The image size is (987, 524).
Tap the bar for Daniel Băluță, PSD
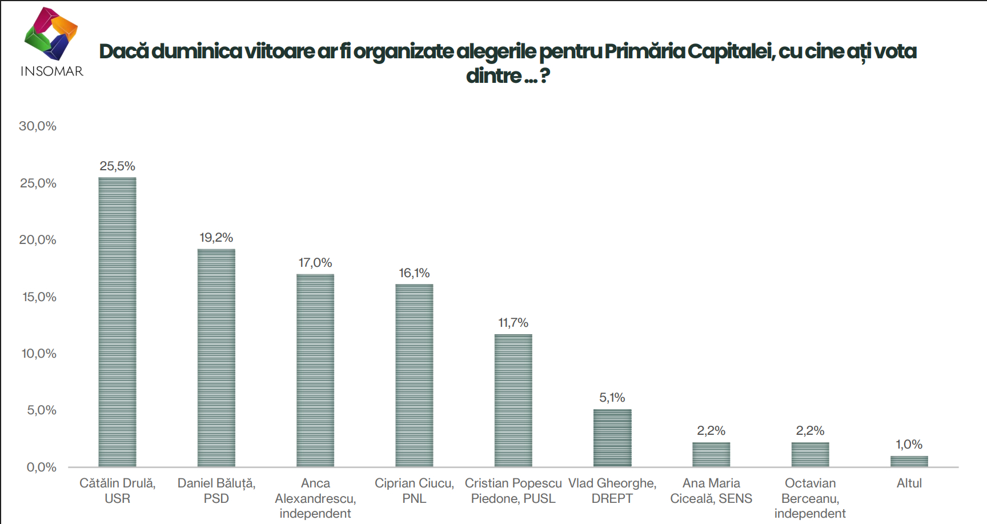point(216,358)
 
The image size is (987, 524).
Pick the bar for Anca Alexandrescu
point(315,370)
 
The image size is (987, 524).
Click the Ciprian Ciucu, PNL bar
point(414,375)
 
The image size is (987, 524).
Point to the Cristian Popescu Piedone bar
point(513,400)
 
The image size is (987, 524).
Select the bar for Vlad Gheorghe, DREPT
point(612,438)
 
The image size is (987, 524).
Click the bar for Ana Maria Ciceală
point(711,454)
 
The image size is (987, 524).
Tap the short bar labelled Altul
point(909,461)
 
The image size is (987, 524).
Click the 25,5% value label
point(117,166)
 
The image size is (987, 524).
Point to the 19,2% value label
point(216,238)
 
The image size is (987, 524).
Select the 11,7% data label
point(513,323)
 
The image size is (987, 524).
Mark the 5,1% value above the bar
point(612,398)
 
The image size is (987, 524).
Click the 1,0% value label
point(909,445)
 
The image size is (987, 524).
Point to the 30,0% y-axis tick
point(38,126)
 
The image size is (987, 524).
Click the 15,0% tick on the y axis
point(39,297)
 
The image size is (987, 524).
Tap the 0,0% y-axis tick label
point(41,467)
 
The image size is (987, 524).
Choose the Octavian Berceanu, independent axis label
point(810,498)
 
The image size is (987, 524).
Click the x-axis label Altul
point(909,483)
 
